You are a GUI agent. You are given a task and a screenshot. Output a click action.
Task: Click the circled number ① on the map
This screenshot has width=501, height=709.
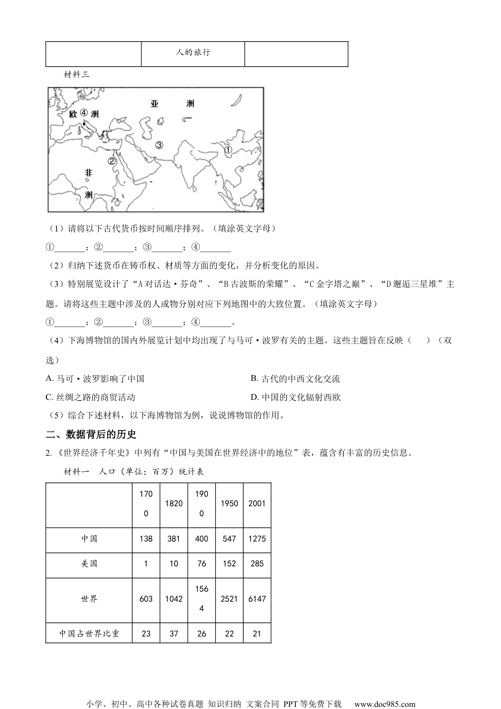(x=228, y=150)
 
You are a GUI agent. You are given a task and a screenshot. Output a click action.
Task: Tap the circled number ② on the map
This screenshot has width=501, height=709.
(x=111, y=161)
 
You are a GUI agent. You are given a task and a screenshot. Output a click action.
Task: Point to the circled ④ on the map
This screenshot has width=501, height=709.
(x=83, y=112)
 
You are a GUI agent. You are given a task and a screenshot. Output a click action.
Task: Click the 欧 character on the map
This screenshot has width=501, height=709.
(x=73, y=114)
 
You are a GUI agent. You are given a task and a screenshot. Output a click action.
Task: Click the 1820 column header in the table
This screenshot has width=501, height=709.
(x=174, y=503)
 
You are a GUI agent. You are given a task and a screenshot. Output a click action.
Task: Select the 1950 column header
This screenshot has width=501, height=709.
(x=229, y=503)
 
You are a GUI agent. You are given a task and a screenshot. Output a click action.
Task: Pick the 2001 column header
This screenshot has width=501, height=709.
(x=257, y=503)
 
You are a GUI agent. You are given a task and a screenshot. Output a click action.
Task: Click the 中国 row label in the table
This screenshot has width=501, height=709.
(x=89, y=539)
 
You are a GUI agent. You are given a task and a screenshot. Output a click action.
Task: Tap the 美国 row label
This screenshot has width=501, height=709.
(x=89, y=563)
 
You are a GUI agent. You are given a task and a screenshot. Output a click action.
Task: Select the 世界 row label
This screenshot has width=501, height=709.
(x=89, y=599)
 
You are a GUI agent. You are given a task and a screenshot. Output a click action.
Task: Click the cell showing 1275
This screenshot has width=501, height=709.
(x=257, y=539)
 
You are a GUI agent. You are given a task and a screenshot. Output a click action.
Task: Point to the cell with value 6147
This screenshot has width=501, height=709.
(x=257, y=599)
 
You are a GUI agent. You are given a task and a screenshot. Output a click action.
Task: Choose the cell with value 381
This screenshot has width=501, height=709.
(x=174, y=539)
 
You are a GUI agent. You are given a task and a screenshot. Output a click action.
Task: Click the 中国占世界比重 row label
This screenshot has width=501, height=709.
(x=89, y=634)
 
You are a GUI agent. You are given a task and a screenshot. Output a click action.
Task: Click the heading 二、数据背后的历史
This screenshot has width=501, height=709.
(x=91, y=434)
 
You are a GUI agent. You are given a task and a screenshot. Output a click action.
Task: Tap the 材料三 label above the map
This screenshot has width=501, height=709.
(x=76, y=74)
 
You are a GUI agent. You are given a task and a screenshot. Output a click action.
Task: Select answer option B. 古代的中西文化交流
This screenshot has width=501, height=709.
(x=295, y=379)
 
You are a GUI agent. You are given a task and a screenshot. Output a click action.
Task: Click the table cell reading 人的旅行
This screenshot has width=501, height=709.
(x=193, y=53)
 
